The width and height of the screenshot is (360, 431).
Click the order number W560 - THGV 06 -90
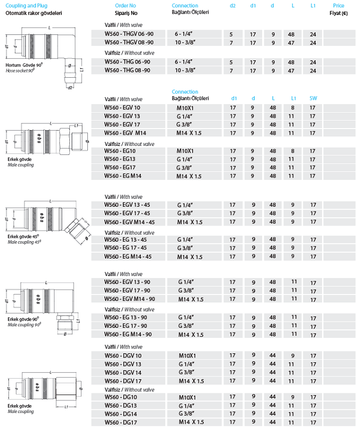click(129, 34)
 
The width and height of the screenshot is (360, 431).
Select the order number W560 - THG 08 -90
click(127, 70)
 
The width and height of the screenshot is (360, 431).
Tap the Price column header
click(338, 5)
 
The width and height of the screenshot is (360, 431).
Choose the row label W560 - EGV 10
click(122, 108)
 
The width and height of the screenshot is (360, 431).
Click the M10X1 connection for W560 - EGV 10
click(186, 108)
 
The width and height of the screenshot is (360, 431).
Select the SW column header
click(313, 98)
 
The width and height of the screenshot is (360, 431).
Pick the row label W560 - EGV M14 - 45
click(130, 222)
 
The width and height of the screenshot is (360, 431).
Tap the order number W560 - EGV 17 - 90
click(128, 290)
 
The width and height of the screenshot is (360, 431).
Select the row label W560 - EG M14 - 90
click(129, 334)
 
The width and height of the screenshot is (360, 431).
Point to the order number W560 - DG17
click(120, 422)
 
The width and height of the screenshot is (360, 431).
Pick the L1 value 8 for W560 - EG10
click(292, 151)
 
